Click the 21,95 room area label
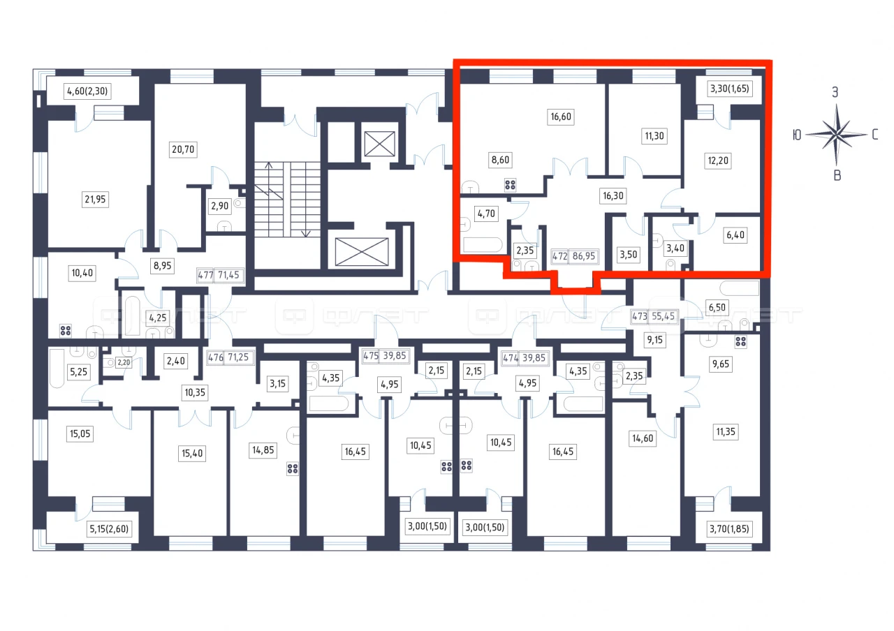click(x=95, y=199)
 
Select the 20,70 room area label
click(x=183, y=149)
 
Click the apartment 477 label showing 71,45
click(x=220, y=275)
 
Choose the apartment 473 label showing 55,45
click(x=654, y=316)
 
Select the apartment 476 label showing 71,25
click(x=230, y=357)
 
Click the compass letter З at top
click(x=835, y=93)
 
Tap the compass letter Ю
click(x=797, y=135)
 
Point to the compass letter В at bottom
click(x=837, y=175)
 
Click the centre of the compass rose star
click(x=836, y=135)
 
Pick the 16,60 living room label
click(x=561, y=117)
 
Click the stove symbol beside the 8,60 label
click(x=510, y=185)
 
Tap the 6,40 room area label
click(x=735, y=235)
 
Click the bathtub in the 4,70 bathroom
click(x=483, y=245)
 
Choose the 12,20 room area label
click(x=718, y=161)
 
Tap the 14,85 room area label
click(x=263, y=450)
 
